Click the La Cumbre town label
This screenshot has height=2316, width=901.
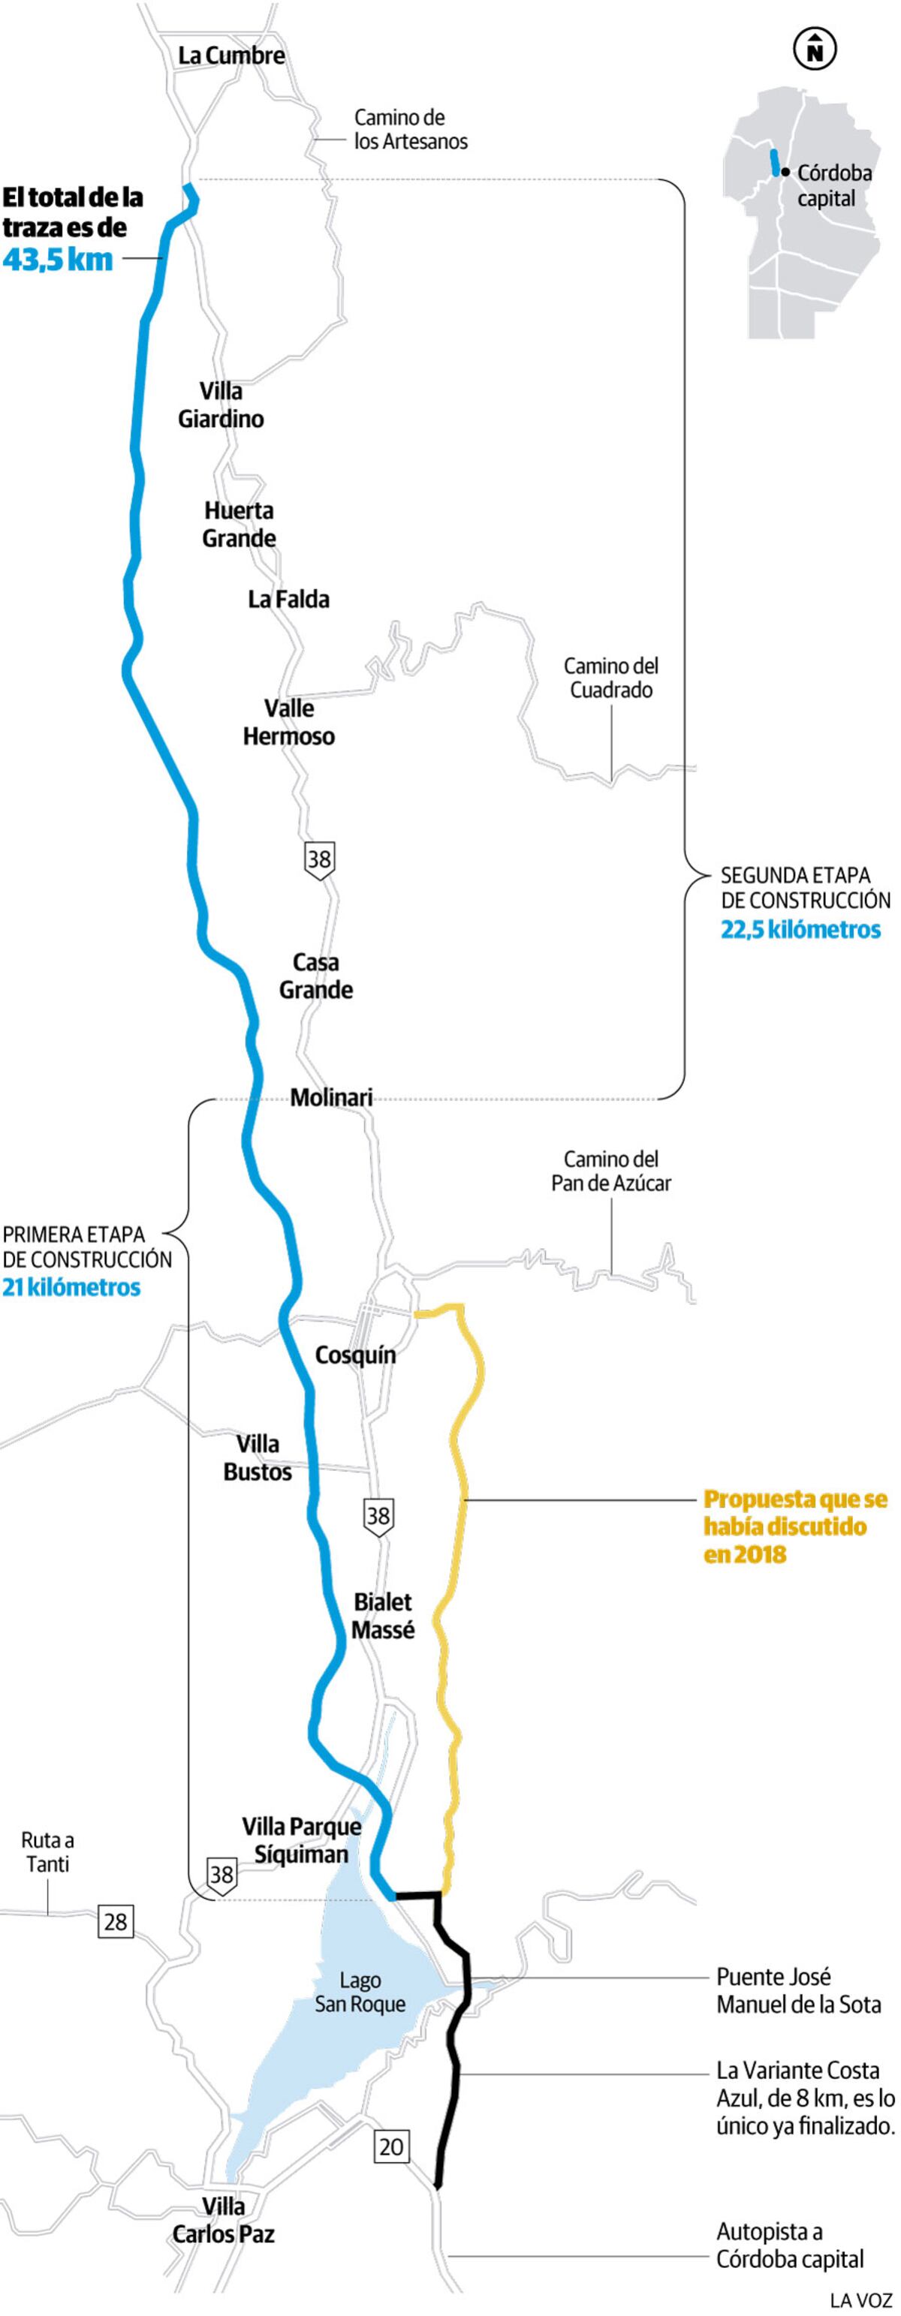pos(231,56)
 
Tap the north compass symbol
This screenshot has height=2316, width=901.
pos(815,50)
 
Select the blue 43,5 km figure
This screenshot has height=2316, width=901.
pos(58,259)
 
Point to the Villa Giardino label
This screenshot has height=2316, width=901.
pos(221,405)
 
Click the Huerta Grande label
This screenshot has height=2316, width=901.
pos(240,524)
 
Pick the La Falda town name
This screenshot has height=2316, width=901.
pos(288,599)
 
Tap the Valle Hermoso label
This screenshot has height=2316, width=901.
pos(288,722)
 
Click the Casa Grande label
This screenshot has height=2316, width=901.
pos(315,976)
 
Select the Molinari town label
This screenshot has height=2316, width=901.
pos(331,1097)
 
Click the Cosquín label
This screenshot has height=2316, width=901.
pos(355,1354)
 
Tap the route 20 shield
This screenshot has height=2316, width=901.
pos(391,2147)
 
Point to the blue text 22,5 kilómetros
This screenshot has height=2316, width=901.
pos(800,929)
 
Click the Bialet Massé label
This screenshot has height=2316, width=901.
pos(383,1616)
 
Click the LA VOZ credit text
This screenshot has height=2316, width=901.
pos(860,2299)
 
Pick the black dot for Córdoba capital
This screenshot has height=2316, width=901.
pos(786,171)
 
